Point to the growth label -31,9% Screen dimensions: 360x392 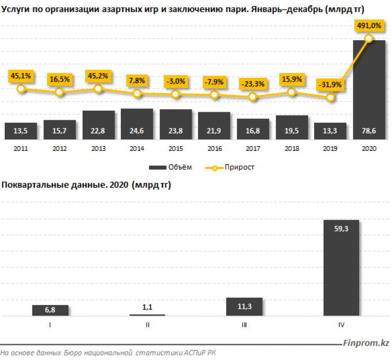(x=329, y=84)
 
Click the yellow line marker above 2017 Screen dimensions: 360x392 (x=253, y=97)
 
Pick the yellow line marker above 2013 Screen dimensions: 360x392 (x=98, y=89)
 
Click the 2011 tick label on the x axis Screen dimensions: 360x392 (x=21, y=149)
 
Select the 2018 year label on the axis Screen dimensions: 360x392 (x=291, y=149)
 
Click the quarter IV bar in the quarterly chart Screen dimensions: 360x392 (x=341, y=267)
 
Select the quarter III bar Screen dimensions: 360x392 (x=244, y=307)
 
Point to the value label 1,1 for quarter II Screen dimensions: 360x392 (x=147, y=307)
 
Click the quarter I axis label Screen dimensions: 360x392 (x=50, y=325)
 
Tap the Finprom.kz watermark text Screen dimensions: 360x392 (x=366, y=343)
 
